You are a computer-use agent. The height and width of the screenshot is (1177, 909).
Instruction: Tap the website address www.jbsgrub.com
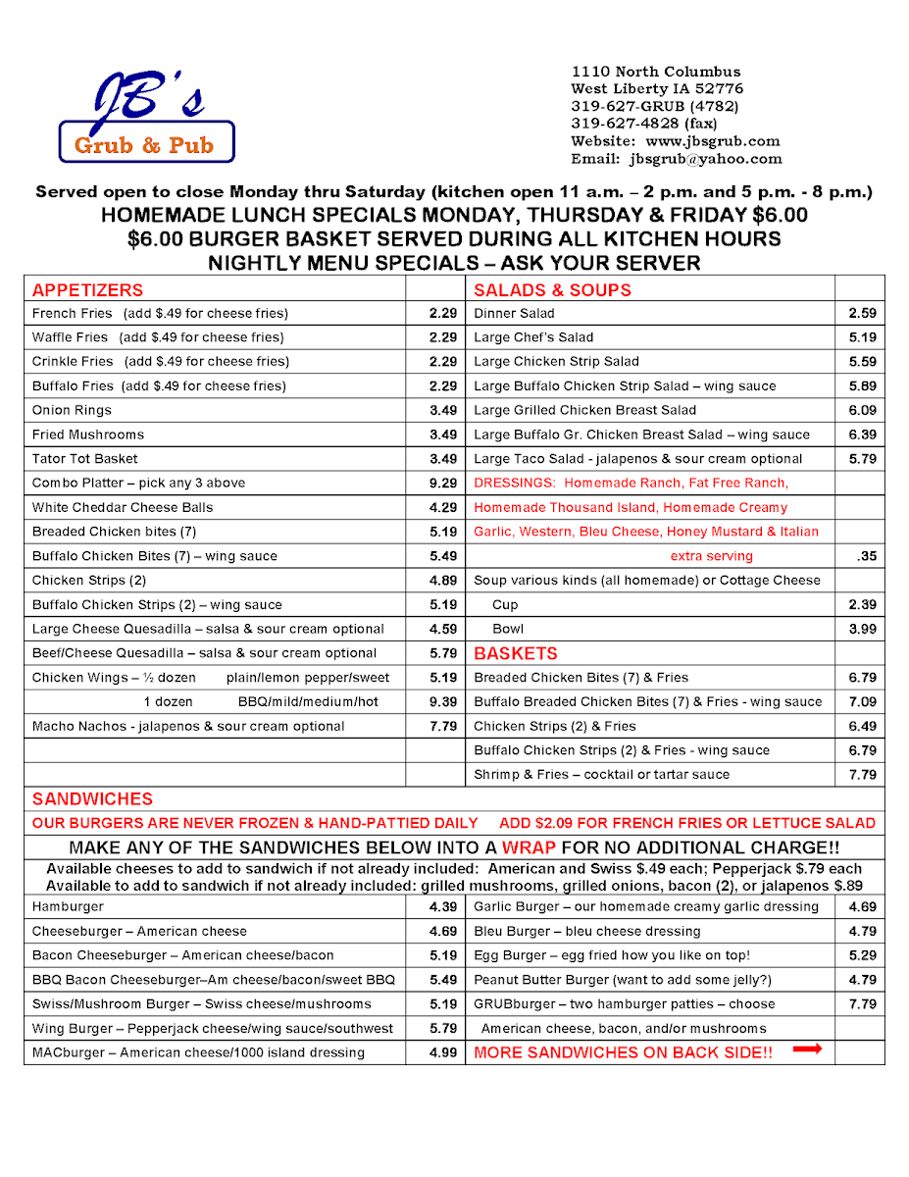pyautogui.click(x=713, y=141)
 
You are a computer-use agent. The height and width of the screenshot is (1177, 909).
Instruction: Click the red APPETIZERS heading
pyautogui.click(x=87, y=290)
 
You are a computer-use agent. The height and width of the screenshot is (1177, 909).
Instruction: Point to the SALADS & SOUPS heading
pyautogui.click(x=552, y=290)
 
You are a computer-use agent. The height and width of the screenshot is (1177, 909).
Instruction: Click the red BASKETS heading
pyautogui.click(x=515, y=653)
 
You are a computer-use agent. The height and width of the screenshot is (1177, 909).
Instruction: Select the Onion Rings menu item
pyautogui.click(x=72, y=411)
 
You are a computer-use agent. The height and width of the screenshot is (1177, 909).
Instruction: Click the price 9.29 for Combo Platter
pyautogui.click(x=443, y=484)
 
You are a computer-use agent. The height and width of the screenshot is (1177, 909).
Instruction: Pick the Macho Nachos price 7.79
pyautogui.click(x=443, y=727)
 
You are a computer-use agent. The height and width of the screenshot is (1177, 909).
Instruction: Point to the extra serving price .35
pyautogui.click(x=866, y=556)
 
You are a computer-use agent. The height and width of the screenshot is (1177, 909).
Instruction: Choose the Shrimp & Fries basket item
pyautogui.click(x=601, y=775)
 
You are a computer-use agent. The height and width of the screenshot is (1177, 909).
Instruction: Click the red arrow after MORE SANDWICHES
pyautogui.click(x=807, y=1050)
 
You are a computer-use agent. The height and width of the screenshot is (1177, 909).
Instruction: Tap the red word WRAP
pyautogui.click(x=529, y=847)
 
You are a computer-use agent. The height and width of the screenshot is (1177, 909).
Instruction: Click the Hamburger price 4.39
pyautogui.click(x=443, y=907)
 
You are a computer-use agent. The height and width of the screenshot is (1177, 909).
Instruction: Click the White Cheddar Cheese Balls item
pyautogui.click(x=122, y=508)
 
